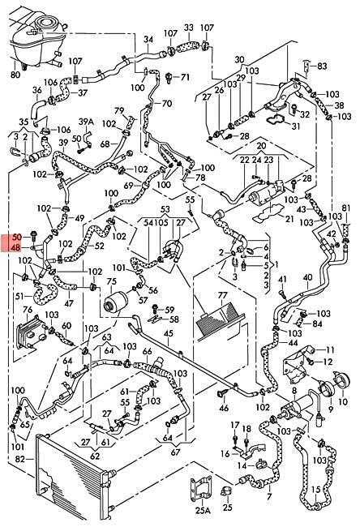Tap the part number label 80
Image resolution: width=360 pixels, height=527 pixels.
(x=15, y=74)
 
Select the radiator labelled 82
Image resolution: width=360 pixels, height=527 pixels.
(x=72, y=481)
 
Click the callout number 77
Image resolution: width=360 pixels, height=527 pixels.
(x=222, y=295)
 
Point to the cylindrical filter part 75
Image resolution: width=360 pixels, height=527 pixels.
(x=114, y=303)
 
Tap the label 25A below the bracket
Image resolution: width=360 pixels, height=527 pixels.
(x=203, y=511)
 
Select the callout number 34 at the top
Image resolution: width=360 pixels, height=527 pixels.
(x=148, y=40)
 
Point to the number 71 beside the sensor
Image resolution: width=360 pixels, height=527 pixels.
(x=185, y=77)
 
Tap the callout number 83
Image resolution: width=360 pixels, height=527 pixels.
(x=322, y=66)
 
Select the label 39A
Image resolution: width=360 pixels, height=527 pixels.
(x=86, y=122)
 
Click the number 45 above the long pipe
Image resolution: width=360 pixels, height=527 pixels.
(x=169, y=333)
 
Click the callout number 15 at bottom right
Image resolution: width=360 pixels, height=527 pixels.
(x=316, y=490)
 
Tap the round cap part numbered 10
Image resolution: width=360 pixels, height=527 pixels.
(x=343, y=380)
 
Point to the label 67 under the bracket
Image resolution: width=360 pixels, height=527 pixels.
(x=176, y=452)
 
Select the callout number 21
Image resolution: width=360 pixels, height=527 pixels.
(x=289, y=219)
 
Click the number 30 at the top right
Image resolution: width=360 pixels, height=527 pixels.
(x=239, y=59)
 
